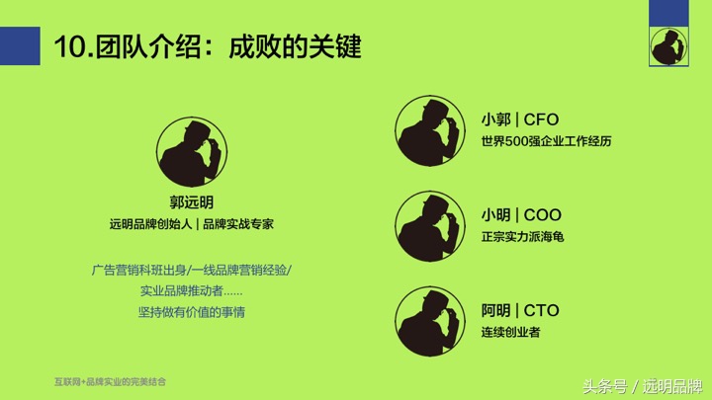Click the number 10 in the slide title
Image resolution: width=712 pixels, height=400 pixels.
pyautogui.click(x=67, y=46)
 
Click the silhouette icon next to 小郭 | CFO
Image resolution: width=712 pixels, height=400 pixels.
pyautogui.click(x=430, y=130)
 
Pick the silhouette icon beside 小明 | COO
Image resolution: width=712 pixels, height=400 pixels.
pyautogui.click(x=430, y=226)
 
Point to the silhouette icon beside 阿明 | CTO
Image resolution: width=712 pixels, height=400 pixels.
pyautogui.click(x=430, y=320)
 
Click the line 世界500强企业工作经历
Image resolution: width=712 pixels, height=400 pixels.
pyautogui.click(x=546, y=142)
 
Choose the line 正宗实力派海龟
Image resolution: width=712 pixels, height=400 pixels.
pyautogui.click(x=522, y=237)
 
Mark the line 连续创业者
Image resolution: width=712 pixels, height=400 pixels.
pyautogui.click(x=510, y=332)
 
